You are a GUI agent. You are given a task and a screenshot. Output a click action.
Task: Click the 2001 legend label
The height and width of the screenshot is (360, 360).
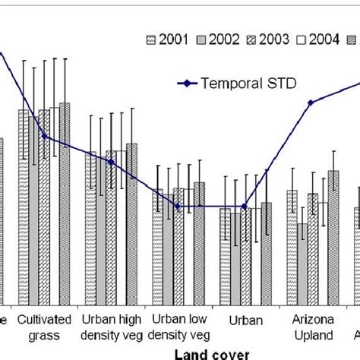174,40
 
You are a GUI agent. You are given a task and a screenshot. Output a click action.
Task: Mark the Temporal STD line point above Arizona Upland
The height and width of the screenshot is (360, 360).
311,103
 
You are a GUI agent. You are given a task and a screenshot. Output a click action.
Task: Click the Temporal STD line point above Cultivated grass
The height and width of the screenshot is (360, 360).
45,137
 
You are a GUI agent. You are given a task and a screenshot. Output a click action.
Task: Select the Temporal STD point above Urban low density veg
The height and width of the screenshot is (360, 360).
178,207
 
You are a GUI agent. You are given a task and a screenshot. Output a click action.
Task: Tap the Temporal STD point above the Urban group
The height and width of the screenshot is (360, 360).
244,207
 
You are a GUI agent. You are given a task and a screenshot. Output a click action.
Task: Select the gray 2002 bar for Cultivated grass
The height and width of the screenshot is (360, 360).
34,213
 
